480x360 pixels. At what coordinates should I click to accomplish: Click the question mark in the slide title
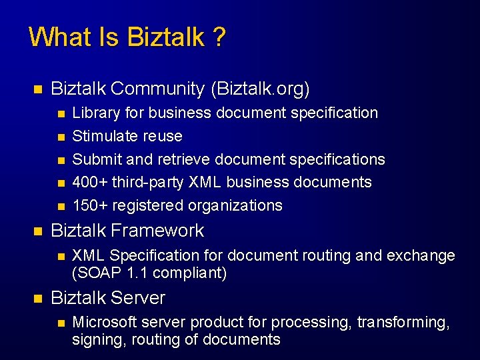[219, 37]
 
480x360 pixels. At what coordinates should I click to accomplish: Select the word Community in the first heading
[157, 89]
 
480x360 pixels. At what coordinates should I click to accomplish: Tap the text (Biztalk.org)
[259, 89]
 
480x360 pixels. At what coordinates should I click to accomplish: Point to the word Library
[93, 113]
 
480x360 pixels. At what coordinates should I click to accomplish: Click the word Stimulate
[102, 136]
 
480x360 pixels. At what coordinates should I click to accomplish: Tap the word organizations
[235, 205]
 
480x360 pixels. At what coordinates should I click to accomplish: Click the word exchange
[423, 256]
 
